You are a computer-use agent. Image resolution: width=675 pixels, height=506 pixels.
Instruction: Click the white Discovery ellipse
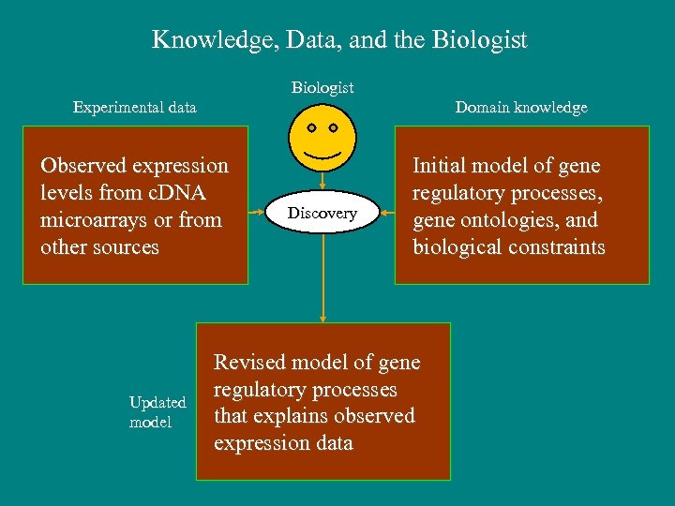pyautogui.click(x=322, y=214)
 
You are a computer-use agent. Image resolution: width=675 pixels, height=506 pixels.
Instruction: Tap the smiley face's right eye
pyautogui.click(x=334, y=126)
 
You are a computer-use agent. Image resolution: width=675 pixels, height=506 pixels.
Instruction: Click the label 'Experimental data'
pyautogui.click(x=135, y=107)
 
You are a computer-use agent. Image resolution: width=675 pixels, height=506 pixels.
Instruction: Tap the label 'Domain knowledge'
pyautogui.click(x=521, y=107)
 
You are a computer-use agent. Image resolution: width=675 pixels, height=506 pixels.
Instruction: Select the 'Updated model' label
pyautogui.click(x=157, y=412)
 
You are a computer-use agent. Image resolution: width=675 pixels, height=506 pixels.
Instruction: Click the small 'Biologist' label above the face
pyautogui.click(x=322, y=87)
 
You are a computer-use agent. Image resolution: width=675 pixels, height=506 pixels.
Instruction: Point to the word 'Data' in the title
pyautogui.click(x=308, y=40)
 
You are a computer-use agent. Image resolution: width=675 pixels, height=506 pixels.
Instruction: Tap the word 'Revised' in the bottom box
pyautogui.click(x=247, y=362)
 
